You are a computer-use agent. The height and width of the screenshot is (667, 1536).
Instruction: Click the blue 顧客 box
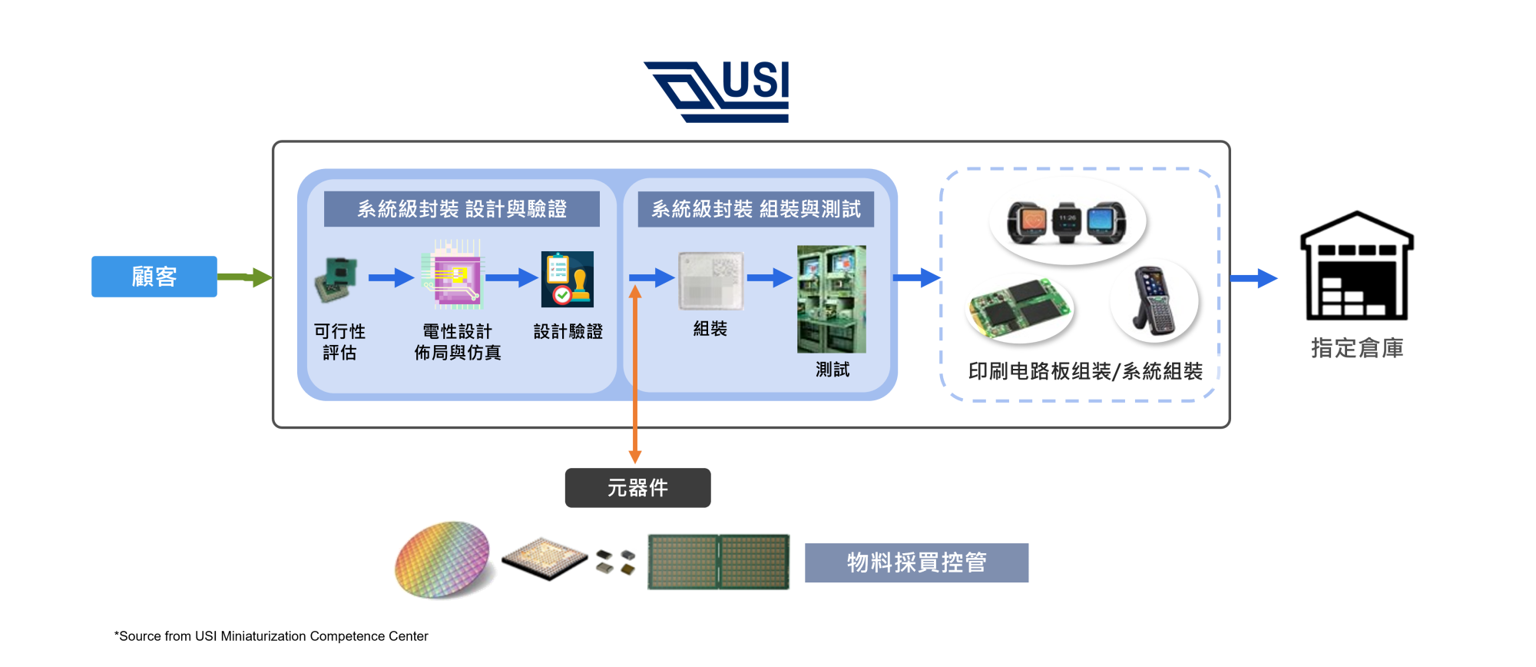(154, 277)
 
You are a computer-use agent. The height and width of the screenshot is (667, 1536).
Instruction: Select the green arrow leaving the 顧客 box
(244, 277)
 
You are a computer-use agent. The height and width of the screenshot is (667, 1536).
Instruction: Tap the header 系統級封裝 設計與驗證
(462, 209)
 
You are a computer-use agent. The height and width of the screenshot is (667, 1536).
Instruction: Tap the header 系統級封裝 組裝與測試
(756, 209)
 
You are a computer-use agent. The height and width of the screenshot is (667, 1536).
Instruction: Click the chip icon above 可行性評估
(336, 279)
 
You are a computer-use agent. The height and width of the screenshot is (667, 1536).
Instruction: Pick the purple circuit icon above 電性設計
(453, 275)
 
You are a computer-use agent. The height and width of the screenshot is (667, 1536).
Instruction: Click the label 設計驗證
(568, 332)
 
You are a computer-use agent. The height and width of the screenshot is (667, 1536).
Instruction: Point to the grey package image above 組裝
(711, 280)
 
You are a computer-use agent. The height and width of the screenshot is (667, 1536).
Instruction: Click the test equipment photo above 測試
(831, 299)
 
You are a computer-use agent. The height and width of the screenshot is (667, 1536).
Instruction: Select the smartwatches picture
(1067, 222)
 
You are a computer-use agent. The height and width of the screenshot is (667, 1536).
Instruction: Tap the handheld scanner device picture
(1153, 301)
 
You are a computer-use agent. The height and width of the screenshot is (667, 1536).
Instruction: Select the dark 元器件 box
(637, 488)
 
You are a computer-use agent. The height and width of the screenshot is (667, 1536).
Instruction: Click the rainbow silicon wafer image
(442, 559)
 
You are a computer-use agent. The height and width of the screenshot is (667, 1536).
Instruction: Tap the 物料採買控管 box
(916, 562)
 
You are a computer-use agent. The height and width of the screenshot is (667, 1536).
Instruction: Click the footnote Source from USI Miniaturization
(271, 636)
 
